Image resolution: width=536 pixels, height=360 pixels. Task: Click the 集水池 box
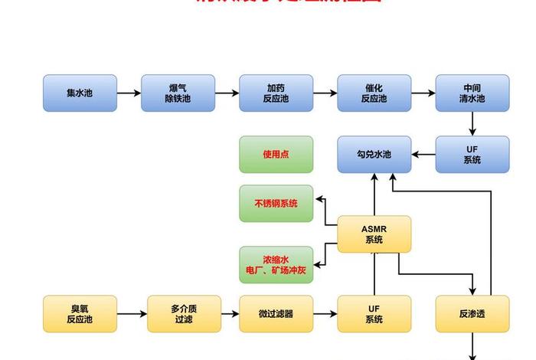pos(80,93)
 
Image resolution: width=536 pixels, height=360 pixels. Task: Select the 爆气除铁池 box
pos(178,93)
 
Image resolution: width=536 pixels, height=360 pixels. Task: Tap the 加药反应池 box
pos(276,93)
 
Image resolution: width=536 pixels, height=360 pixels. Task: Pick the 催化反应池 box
pos(374,93)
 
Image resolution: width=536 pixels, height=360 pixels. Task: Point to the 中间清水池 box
pos(472,93)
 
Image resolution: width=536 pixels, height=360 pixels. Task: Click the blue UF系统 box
pos(472,154)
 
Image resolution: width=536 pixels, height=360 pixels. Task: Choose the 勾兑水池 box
pos(374,154)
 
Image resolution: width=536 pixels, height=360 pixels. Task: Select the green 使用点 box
pos(276,154)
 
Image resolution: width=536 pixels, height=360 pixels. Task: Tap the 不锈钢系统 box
pos(276,203)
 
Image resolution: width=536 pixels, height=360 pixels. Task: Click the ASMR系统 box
pos(374,234)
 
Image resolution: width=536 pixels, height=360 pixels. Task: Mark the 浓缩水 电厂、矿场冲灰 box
pos(276,265)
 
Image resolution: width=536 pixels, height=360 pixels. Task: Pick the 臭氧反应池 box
pos(80,313)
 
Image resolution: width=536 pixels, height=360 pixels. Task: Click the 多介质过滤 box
pos(184,313)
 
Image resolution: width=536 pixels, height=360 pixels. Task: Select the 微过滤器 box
pos(276,313)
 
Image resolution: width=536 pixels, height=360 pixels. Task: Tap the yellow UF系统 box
pos(374,313)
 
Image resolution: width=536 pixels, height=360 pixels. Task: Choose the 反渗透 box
pos(472,313)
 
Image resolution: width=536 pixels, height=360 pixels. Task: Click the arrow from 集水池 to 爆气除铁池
pos(129,93)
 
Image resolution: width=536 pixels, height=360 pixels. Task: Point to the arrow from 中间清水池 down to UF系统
pos(472,123)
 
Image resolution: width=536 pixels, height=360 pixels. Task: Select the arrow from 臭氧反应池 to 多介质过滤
pos(132,314)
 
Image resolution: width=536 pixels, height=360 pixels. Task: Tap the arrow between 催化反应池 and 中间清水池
pos(423,93)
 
